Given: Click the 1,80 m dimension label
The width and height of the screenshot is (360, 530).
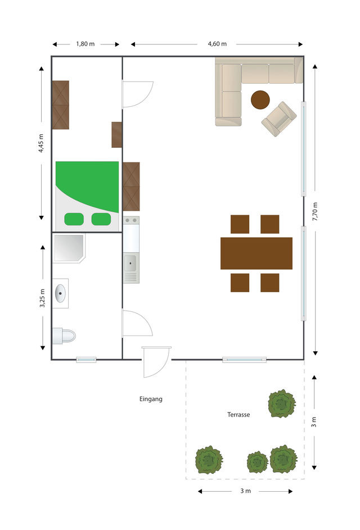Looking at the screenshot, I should [x=85, y=44].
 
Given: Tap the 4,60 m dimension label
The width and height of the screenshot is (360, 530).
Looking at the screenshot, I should [x=217, y=44].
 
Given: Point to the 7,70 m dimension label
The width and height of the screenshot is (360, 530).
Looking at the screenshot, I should [x=315, y=212].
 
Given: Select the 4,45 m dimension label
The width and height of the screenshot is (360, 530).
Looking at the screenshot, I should [x=42, y=143].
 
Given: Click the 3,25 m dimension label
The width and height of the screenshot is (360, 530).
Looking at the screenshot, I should [x=43, y=296].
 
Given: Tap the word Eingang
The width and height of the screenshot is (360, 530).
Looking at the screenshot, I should [x=151, y=399].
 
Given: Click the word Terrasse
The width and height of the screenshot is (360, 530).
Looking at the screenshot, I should [x=238, y=415].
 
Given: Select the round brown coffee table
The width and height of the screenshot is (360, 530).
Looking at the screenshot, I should [x=260, y=100].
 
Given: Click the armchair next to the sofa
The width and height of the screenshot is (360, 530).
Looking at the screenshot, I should [x=278, y=118].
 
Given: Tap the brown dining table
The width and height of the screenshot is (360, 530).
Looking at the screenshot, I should [x=256, y=253].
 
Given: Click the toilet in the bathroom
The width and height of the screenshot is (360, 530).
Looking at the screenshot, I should [x=64, y=336].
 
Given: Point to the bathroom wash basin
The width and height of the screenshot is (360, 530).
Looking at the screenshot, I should [x=60, y=293].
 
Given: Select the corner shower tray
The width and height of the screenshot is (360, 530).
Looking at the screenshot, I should [x=68, y=248].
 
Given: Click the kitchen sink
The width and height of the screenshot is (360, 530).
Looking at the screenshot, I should [x=130, y=261].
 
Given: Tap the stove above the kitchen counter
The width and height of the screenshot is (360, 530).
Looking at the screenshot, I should [x=130, y=220].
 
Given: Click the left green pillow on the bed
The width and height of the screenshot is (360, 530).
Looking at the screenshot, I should [x=74, y=219].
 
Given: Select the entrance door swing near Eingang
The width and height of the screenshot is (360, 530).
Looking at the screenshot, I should [x=155, y=362].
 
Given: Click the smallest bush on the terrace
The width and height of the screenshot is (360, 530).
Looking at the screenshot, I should [x=257, y=462].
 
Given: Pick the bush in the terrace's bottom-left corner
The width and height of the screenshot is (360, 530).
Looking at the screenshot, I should [x=209, y=460].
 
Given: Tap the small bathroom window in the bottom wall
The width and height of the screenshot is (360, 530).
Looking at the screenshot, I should [x=86, y=360].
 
